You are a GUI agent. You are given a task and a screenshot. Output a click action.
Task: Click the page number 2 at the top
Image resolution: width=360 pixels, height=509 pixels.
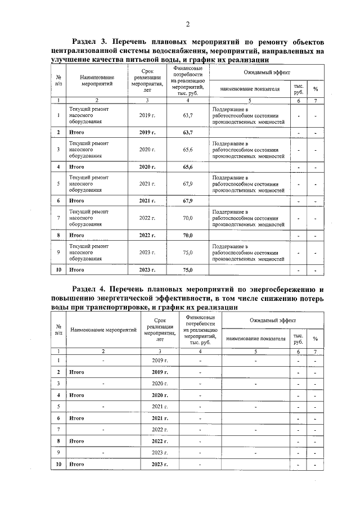tap(187, 24)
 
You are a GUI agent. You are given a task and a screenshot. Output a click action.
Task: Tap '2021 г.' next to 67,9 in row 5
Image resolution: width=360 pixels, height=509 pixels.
tap(147, 184)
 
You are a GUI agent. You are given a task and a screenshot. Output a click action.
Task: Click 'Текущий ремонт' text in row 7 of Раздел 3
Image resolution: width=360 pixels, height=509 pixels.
tap(89, 211)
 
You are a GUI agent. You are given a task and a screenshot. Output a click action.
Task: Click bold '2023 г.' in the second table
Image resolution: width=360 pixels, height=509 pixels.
tap(161, 465)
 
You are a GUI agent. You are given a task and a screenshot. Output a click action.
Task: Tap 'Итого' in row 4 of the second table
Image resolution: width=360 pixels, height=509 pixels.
tap(76, 395)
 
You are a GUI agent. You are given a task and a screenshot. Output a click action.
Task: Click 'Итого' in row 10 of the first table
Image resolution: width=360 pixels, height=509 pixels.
tap(76, 270)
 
